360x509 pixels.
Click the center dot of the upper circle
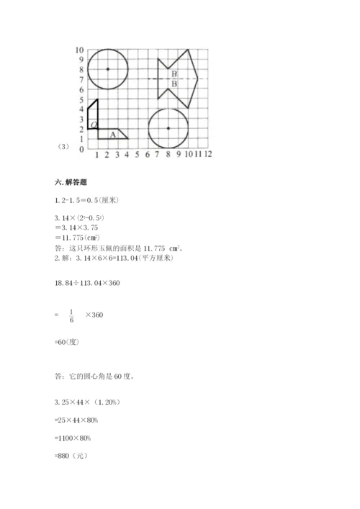[x=107, y=69]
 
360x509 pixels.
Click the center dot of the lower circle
[x=168, y=128]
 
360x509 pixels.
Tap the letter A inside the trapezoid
[x=112, y=134]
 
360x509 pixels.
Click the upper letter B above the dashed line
[x=174, y=73]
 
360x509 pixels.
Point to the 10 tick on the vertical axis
[x=79, y=50]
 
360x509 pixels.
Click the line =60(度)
[x=68, y=343]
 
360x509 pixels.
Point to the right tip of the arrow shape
[x=199, y=79]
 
